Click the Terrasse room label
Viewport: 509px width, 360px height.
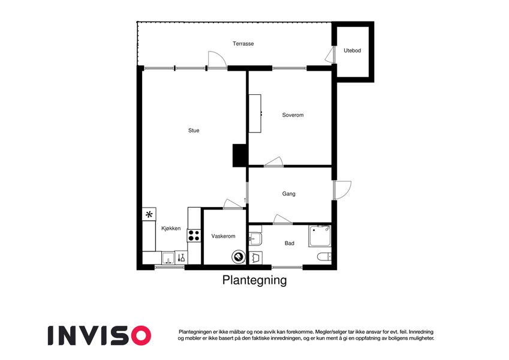(x=243, y=44)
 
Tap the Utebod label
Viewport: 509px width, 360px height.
(x=352, y=50)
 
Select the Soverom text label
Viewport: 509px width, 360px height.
(x=293, y=115)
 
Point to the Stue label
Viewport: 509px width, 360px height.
(x=194, y=131)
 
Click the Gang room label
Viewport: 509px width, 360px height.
(x=288, y=194)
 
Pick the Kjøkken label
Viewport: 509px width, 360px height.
(x=171, y=229)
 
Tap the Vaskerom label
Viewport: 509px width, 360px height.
(x=224, y=236)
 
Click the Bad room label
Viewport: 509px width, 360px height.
(x=290, y=243)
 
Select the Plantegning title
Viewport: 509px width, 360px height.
(x=254, y=280)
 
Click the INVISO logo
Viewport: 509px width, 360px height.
(x=100, y=335)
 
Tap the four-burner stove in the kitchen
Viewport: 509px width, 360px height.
(x=194, y=236)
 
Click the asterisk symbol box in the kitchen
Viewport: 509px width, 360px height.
(x=149, y=214)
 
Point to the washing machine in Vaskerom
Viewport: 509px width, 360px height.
(x=239, y=257)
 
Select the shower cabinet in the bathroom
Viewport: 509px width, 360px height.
(x=320, y=236)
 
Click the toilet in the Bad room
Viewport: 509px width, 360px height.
(x=324, y=257)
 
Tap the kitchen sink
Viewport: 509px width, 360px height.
(x=168, y=258)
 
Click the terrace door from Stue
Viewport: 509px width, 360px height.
(x=217, y=60)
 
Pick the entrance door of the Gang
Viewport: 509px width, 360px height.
(x=342, y=190)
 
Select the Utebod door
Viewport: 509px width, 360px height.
(x=330, y=55)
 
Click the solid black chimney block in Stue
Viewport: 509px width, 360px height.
(x=240, y=155)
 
